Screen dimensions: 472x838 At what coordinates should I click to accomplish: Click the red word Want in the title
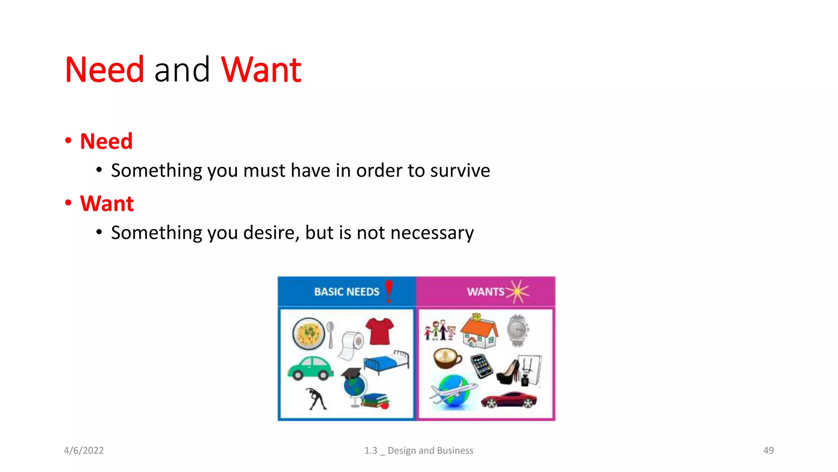coord(261,70)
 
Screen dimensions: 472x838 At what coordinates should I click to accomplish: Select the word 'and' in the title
coord(182,70)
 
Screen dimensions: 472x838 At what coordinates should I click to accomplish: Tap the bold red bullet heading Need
coord(106,141)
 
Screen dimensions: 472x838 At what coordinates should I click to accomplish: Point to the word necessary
coord(432,233)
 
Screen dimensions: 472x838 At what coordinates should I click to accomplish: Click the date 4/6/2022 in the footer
coord(84,450)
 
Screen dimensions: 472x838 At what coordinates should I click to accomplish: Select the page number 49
coord(768,450)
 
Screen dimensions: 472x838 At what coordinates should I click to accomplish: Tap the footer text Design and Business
coord(430,450)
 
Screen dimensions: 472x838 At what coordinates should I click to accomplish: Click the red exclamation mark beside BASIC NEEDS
coord(389,291)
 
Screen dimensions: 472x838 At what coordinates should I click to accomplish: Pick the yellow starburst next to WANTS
coord(518,291)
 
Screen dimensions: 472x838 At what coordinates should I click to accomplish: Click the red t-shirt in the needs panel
coord(380,331)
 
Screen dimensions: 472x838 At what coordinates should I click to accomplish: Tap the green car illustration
coord(311,368)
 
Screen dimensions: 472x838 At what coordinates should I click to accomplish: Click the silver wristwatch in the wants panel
coord(518,330)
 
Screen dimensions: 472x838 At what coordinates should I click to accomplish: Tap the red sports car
coord(509,399)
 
